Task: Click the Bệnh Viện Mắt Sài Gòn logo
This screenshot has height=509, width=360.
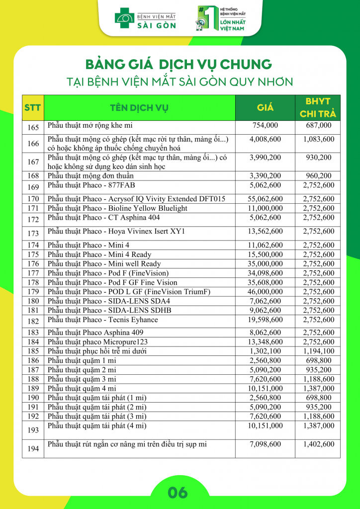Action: [x=145, y=18]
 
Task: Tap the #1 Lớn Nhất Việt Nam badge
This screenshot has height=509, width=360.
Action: [x=222, y=18]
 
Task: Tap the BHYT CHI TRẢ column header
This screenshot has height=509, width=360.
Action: [x=318, y=108]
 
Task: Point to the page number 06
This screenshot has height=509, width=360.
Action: [x=178, y=493]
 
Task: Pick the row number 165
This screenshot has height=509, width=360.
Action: [x=33, y=128]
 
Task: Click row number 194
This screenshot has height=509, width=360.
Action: [x=33, y=449]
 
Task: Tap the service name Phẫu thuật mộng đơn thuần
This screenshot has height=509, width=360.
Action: [x=90, y=176]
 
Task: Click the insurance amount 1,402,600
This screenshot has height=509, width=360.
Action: [x=318, y=444]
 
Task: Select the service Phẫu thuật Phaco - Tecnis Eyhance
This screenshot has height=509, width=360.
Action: [x=102, y=320]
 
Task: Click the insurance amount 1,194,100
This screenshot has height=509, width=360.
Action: [x=318, y=351]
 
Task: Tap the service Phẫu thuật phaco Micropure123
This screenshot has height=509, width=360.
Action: [x=97, y=342]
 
